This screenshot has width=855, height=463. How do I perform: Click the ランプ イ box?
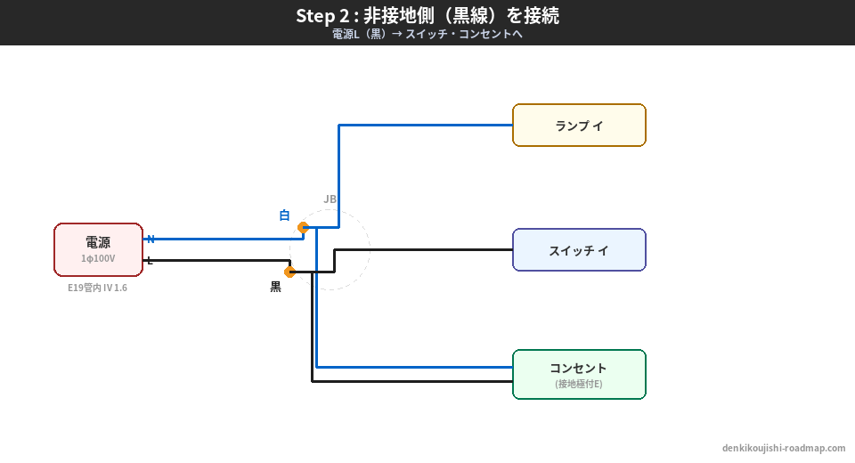(x=579, y=126)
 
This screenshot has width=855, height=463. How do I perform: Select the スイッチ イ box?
(x=579, y=250)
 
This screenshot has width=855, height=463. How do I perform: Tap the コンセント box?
(x=579, y=374)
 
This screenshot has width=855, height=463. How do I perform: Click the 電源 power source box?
(x=98, y=249)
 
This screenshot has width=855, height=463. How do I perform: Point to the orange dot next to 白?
(x=303, y=227)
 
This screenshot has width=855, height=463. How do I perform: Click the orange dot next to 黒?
(x=289, y=272)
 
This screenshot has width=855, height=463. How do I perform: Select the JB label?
(x=330, y=199)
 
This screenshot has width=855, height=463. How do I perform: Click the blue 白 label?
(x=284, y=215)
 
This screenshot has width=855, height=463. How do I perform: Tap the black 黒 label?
(x=275, y=287)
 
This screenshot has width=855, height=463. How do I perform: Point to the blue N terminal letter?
(x=151, y=239)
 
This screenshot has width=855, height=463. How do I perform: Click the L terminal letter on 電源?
(x=150, y=260)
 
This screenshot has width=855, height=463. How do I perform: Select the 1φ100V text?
(x=98, y=258)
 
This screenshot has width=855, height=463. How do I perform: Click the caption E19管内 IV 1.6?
(x=97, y=288)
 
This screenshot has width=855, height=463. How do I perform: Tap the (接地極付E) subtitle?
(x=579, y=384)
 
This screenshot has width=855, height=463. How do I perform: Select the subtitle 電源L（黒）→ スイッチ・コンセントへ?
(x=427, y=35)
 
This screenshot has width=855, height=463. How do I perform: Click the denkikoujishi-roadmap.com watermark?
(x=784, y=448)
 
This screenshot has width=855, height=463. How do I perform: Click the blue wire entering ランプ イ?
(x=427, y=126)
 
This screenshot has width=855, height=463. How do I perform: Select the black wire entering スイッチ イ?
(x=427, y=249)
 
